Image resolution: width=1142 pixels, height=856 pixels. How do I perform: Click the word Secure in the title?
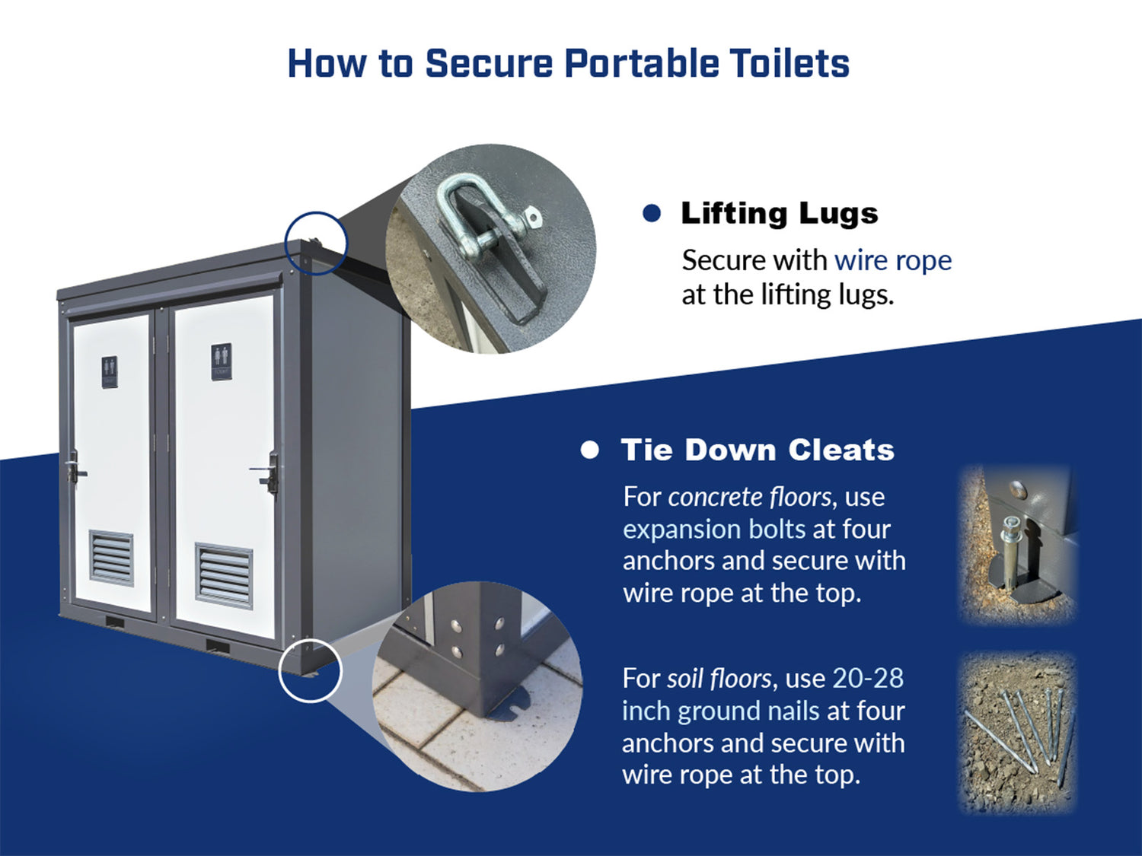pyautogui.click(x=489, y=63)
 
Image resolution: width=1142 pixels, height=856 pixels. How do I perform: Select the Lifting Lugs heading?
pyautogui.click(x=780, y=213)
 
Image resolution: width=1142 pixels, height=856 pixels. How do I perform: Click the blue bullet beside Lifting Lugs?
pyautogui.click(x=652, y=213)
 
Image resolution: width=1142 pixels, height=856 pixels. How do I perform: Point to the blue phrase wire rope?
pyautogui.click(x=893, y=260)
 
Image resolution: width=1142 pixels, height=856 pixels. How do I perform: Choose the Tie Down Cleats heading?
pyautogui.click(x=758, y=450)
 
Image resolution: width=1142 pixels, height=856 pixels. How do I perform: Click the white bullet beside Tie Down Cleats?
pyautogui.click(x=589, y=450)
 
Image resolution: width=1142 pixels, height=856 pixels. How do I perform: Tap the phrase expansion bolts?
pyautogui.click(x=714, y=530)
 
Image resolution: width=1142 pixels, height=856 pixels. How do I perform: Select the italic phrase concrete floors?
pyautogui.click(x=749, y=498)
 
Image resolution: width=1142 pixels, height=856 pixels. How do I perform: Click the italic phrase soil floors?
pyautogui.click(x=719, y=678)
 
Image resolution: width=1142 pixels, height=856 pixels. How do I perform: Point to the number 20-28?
pyautogui.click(x=869, y=678)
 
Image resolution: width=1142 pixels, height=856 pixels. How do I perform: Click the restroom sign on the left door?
pyautogui.click(x=110, y=372)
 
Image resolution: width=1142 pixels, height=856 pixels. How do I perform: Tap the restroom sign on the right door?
pyautogui.click(x=222, y=361)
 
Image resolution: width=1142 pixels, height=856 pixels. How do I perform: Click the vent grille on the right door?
pyautogui.click(x=225, y=575)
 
